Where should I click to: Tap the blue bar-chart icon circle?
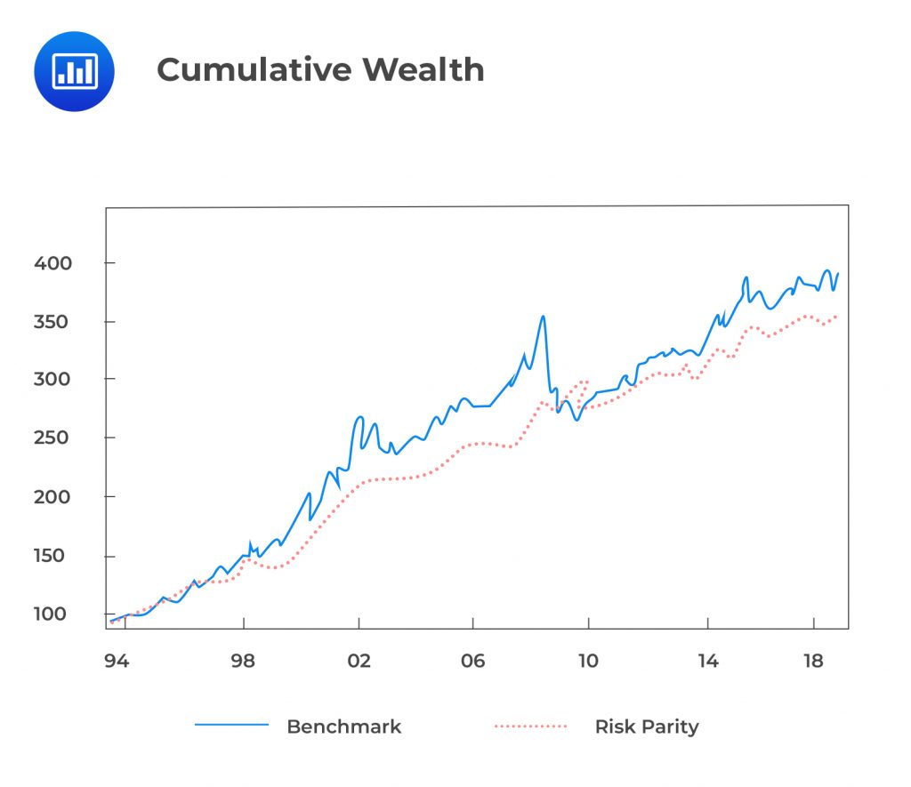(x=74, y=71)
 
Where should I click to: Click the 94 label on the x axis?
(x=116, y=661)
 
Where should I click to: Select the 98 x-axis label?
(x=243, y=661)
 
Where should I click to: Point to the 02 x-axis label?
(x=359, y=661)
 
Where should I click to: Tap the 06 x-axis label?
(x=473, y=661)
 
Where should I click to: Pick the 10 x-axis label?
(x=589, y=661)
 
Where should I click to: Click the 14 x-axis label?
(x=707, y=661)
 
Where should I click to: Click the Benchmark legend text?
(x=343, y=727)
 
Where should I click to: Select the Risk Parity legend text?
(x=647, y=727)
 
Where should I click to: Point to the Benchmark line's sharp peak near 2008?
(x=543, y=316)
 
